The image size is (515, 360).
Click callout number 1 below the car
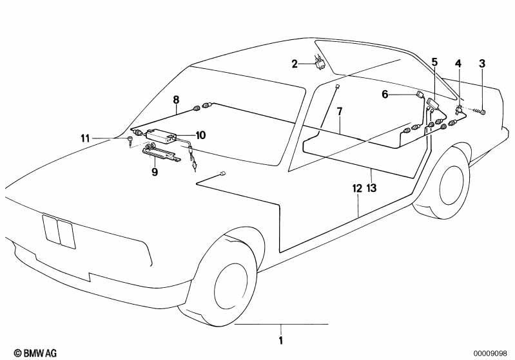[280, 340]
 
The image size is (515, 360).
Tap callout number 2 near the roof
[295, 64]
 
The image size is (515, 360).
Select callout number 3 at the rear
[482, 63]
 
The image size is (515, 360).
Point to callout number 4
[458, 63]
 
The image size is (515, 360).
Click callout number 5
[434, 62]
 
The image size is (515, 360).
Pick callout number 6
[385, 95]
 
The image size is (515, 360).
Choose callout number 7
[340, 111]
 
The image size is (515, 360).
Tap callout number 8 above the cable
[177, 99]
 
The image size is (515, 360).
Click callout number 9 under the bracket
[155, 171]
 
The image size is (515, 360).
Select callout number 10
[200, 135]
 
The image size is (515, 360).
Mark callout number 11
[85, 138]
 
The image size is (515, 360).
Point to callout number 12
[357, 188]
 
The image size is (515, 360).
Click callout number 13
[371, 188]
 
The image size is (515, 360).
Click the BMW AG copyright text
[35, 353]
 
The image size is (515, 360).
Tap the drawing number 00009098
[490, 354]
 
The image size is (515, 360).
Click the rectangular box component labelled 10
[160, 135]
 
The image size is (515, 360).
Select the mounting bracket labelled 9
[161, 154]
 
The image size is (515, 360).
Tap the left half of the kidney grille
[51, 229]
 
